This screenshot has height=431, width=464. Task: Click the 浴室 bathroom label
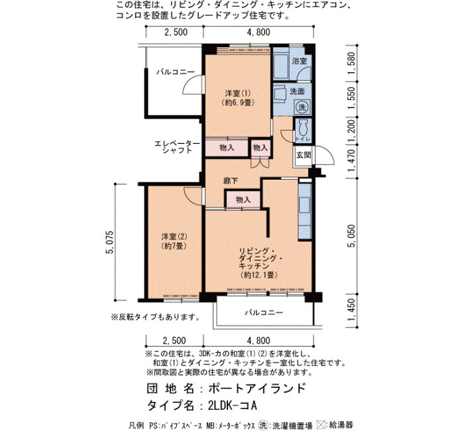(x=299, y=61)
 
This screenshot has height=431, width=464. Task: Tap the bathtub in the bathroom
(x=280, y=66)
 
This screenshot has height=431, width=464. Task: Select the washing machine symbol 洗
(x=302, y=107)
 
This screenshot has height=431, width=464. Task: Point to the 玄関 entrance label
(x=304, y=154)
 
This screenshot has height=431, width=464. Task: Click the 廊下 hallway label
(x=231, y=180)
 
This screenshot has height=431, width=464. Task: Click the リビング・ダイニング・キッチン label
(x=259, y=263)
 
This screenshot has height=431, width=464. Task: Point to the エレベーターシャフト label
(x=177, y=147)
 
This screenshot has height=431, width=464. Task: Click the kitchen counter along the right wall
(x=305, y=211)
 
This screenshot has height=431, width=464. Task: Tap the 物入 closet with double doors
(x=261, y=148)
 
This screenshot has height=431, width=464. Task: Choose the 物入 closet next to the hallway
(x=243, y=200)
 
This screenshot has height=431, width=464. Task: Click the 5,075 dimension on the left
(x=110, y=242)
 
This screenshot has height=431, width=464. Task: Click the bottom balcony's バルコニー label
(x=264, y=312)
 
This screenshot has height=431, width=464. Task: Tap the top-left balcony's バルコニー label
(x=176, y=72)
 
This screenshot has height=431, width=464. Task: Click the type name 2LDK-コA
(x=232, y=406)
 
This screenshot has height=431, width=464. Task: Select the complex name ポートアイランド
(x=257, y=388)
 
